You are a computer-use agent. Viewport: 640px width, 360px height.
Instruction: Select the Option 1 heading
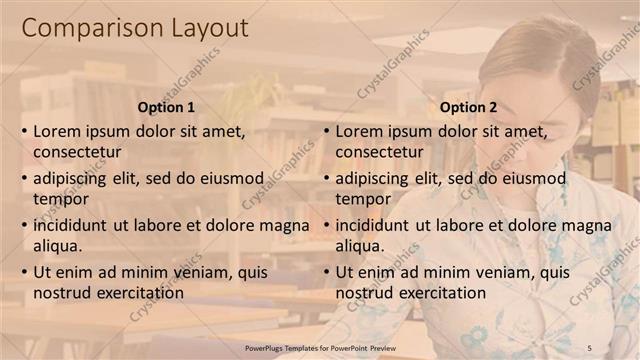pyautogui.click(x=165, y=107)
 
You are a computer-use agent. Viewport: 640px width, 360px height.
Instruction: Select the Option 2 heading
pyautogui.click(x=467, y=107)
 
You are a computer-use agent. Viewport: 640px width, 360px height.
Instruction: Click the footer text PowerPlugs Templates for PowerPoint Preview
pyautogui.click(x=327, y=347)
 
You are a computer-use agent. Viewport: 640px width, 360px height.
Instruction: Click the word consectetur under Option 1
pyautogui.click(x=77, y=153)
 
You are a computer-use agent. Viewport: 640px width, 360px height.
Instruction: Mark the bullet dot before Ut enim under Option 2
pyautogui.click(x=326, y=272)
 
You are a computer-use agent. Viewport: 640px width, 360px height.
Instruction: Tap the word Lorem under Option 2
pyautogui.click(x=358, y=131)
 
